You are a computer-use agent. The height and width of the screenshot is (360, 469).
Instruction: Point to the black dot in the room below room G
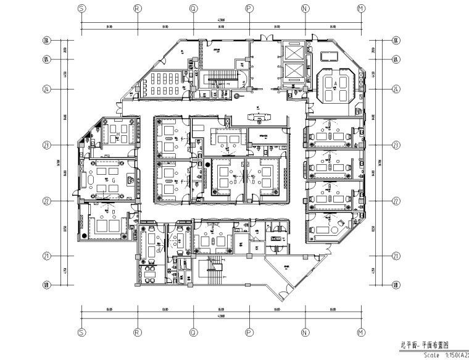click(x=85, y=237)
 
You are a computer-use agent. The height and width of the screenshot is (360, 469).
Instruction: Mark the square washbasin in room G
click(x=132, y=179)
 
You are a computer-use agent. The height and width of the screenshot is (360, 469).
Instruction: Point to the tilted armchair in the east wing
click(x=341, y=223)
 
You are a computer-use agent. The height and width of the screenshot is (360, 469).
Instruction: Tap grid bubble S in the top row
click(x=81, y=9)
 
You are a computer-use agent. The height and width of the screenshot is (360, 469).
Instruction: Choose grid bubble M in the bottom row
click(x=361, y=331)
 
